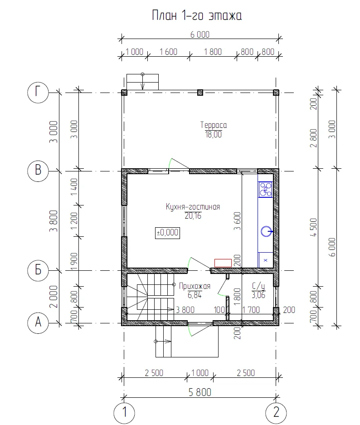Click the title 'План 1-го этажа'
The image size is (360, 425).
(x=197, y=15)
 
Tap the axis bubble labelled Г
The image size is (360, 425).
(x=38, y=93)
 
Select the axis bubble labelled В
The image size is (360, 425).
(x=38, y=171)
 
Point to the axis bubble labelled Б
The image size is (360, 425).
(x=38, y=270)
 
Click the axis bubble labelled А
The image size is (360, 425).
(x=38, y=323)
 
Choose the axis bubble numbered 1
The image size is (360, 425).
(x=124, y=413)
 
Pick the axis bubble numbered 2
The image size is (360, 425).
(x=276, y=413)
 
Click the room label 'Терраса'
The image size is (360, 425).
(x=214, y=125)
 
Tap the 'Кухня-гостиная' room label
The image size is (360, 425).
(x=193, y=207)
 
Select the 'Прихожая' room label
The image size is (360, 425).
(x=195, y=286)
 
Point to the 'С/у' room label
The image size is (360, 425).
(x=258, y=286)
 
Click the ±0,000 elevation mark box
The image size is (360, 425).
(x=167, y=233)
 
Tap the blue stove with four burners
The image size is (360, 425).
(x=265, y=190)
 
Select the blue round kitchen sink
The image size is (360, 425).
(x=266, y=231)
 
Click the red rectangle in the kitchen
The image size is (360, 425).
(x=223, y=263)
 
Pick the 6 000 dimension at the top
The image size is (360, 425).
(x=200, y=34)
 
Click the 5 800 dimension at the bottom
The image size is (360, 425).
(x=200, y=392)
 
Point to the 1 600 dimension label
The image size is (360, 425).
(x=168, y=52)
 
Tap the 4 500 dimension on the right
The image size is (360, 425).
(x=313, y=227)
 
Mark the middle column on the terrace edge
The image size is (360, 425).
(x=200, y=93)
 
